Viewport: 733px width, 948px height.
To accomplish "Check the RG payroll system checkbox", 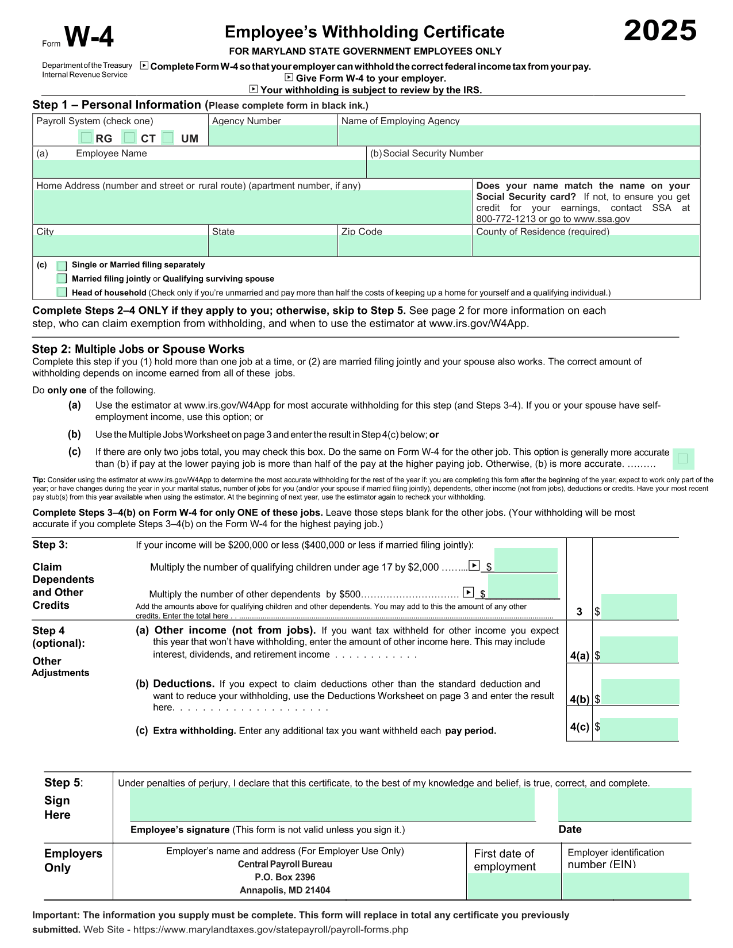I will tap(86, 137).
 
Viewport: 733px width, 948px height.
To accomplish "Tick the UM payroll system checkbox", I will tap(168, 137).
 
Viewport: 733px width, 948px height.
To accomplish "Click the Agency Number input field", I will tap(273, 136).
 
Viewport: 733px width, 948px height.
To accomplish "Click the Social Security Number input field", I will tap(533, 168).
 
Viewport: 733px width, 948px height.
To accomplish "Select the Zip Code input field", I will tap(404, 246).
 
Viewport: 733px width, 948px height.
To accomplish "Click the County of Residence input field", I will tap(586, 246).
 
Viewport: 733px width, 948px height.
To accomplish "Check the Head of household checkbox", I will tap(62, 292).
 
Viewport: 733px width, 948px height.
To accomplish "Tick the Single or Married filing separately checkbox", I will tap(62, 266).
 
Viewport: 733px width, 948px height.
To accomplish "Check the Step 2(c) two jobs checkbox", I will tap(682, 458).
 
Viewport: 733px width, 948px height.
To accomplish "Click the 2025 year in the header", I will tap(660, 30).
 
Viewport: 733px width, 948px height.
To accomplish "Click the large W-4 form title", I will tap(89, 37).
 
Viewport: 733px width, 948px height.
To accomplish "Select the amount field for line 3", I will tap(639, 607).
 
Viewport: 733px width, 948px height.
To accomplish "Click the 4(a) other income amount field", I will tap(639, 650).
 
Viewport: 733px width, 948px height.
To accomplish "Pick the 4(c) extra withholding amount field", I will tap(639, 729).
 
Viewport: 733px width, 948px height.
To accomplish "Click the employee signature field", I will tap(332, 804).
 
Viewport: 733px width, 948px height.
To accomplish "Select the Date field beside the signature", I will tap(624, 804).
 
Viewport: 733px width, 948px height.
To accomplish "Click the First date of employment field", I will tap(513, 886).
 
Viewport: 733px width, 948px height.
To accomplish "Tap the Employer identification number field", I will tap(625, 886).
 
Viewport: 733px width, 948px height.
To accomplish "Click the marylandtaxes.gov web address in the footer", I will tap(270, 930).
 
